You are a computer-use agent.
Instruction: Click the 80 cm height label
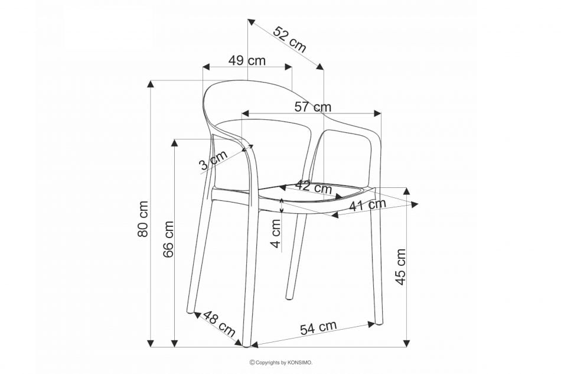click(143, 219)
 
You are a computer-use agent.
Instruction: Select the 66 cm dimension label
click(168, 239)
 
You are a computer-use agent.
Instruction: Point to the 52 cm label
click(290, 40)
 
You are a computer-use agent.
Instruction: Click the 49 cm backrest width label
click(247, 60)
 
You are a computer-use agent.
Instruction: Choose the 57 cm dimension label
click(313, 107)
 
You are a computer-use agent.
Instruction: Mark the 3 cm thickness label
click(214, 160)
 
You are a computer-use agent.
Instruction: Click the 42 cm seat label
click(314, 187)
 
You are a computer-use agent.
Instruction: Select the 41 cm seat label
click(368, 205)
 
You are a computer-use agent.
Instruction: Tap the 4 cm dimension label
click(276, 233)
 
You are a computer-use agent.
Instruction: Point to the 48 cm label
click(219, 324)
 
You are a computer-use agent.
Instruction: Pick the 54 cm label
click(318, 327)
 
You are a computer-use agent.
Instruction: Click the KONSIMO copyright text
click(281, 363)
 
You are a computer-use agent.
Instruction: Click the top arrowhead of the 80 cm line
click(151, 84)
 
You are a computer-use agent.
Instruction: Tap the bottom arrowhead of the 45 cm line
click(407, 343)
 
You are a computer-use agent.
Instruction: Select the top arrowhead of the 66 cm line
click(175, 143)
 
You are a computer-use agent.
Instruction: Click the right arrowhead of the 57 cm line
click(377, 113)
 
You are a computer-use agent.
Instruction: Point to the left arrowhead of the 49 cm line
click(207, 67)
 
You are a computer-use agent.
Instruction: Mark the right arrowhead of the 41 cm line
click(415, 204)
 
